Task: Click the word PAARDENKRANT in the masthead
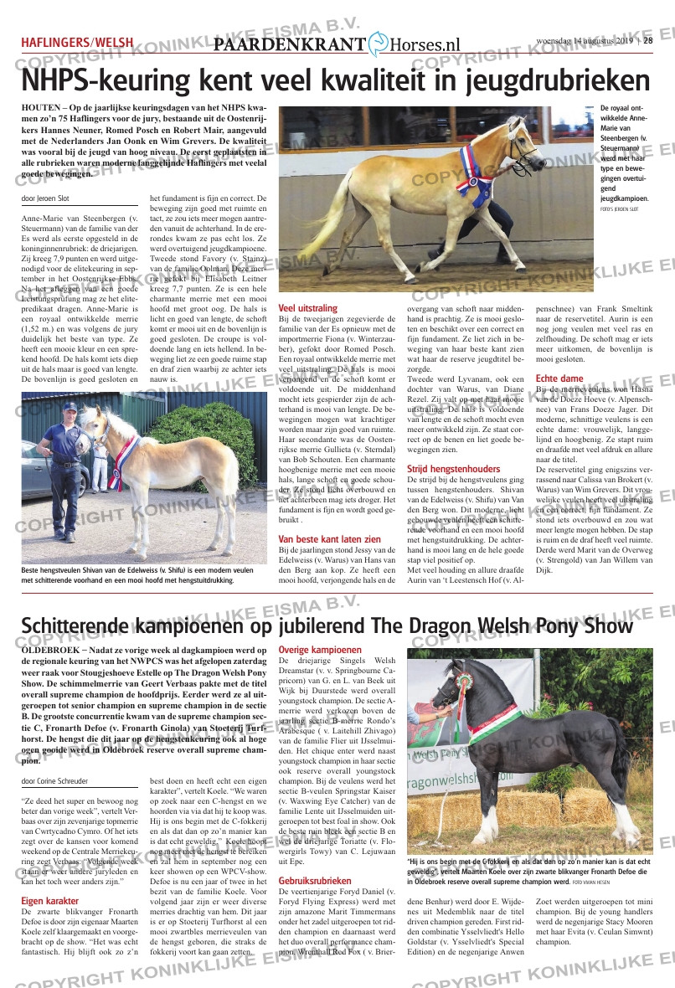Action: pos(290,46)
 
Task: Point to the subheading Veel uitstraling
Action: pos(308,308)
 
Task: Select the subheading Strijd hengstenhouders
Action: pos(453,469)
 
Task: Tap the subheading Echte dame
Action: pos(559,378)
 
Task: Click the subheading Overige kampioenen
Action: pos(320,650)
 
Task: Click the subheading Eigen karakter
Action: pos(51,901)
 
